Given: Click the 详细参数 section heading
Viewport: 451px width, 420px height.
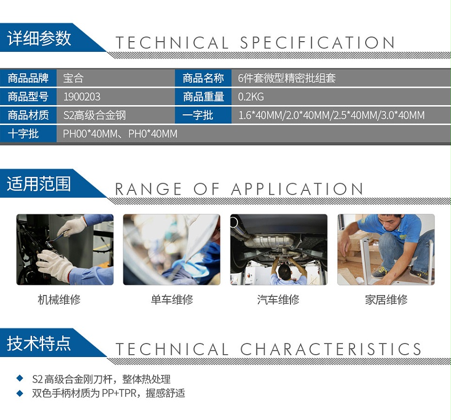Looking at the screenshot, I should (39, 39).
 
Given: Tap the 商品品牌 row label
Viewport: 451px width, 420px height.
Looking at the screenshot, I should (28, 78).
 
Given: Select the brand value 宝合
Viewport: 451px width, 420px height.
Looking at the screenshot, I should (74, 78).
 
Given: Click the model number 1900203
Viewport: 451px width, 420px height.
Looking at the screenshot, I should (82, 97).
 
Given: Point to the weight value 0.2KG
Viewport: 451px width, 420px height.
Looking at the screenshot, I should (251, 97).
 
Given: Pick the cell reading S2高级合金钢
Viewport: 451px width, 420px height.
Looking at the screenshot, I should (95, 115).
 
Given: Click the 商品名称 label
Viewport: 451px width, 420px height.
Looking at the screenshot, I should (203, 78).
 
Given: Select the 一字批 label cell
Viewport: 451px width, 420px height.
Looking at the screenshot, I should (198, 115).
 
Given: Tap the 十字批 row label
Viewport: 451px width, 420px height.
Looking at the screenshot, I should (23, 134).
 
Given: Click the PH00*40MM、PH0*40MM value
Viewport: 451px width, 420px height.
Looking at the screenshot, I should (120, 134).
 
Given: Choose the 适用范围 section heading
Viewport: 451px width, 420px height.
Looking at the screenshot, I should (39, 184).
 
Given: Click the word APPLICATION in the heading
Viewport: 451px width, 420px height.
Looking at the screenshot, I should (297, 189).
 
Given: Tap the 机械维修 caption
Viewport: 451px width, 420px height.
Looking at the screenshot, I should (59, 300).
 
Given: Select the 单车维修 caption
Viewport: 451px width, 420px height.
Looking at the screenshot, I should (172, 300).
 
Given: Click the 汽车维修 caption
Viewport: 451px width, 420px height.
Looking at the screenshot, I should (278, 300).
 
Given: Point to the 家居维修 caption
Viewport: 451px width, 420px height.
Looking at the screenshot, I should (386, 300).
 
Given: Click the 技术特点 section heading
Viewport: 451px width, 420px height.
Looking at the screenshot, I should (39, 343).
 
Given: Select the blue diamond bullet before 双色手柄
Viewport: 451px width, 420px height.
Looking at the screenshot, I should (20, 392).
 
